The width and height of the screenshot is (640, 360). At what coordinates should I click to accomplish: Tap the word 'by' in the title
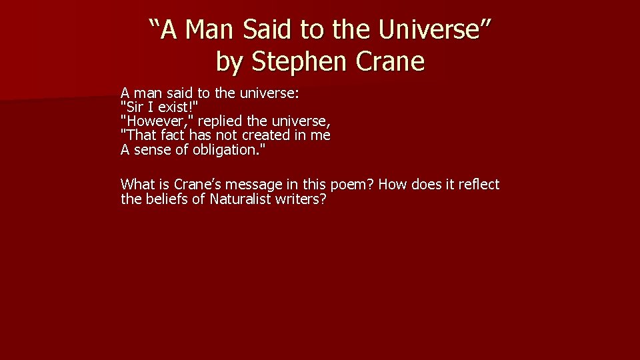pyautogui.click(x=230, y=62)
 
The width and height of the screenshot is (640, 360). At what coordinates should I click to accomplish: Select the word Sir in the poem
pyautogui.click(x=133, y=107)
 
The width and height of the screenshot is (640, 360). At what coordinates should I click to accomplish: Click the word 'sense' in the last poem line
pyautogui.click(x=152, y=149)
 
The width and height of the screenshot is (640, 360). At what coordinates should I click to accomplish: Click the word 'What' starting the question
pyautogui.click(x=137, y=184)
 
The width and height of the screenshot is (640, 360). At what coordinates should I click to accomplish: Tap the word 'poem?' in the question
pyautogui.click(x=352, y=184)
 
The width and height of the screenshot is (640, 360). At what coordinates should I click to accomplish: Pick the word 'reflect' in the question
pyautogui.click(x=476, y=184)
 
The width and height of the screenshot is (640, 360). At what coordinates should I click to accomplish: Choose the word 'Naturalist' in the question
pyautogui.click(x=240, y=199)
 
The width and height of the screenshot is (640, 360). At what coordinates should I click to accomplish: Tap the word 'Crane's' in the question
pyautogui.click(x=197, y=184)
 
